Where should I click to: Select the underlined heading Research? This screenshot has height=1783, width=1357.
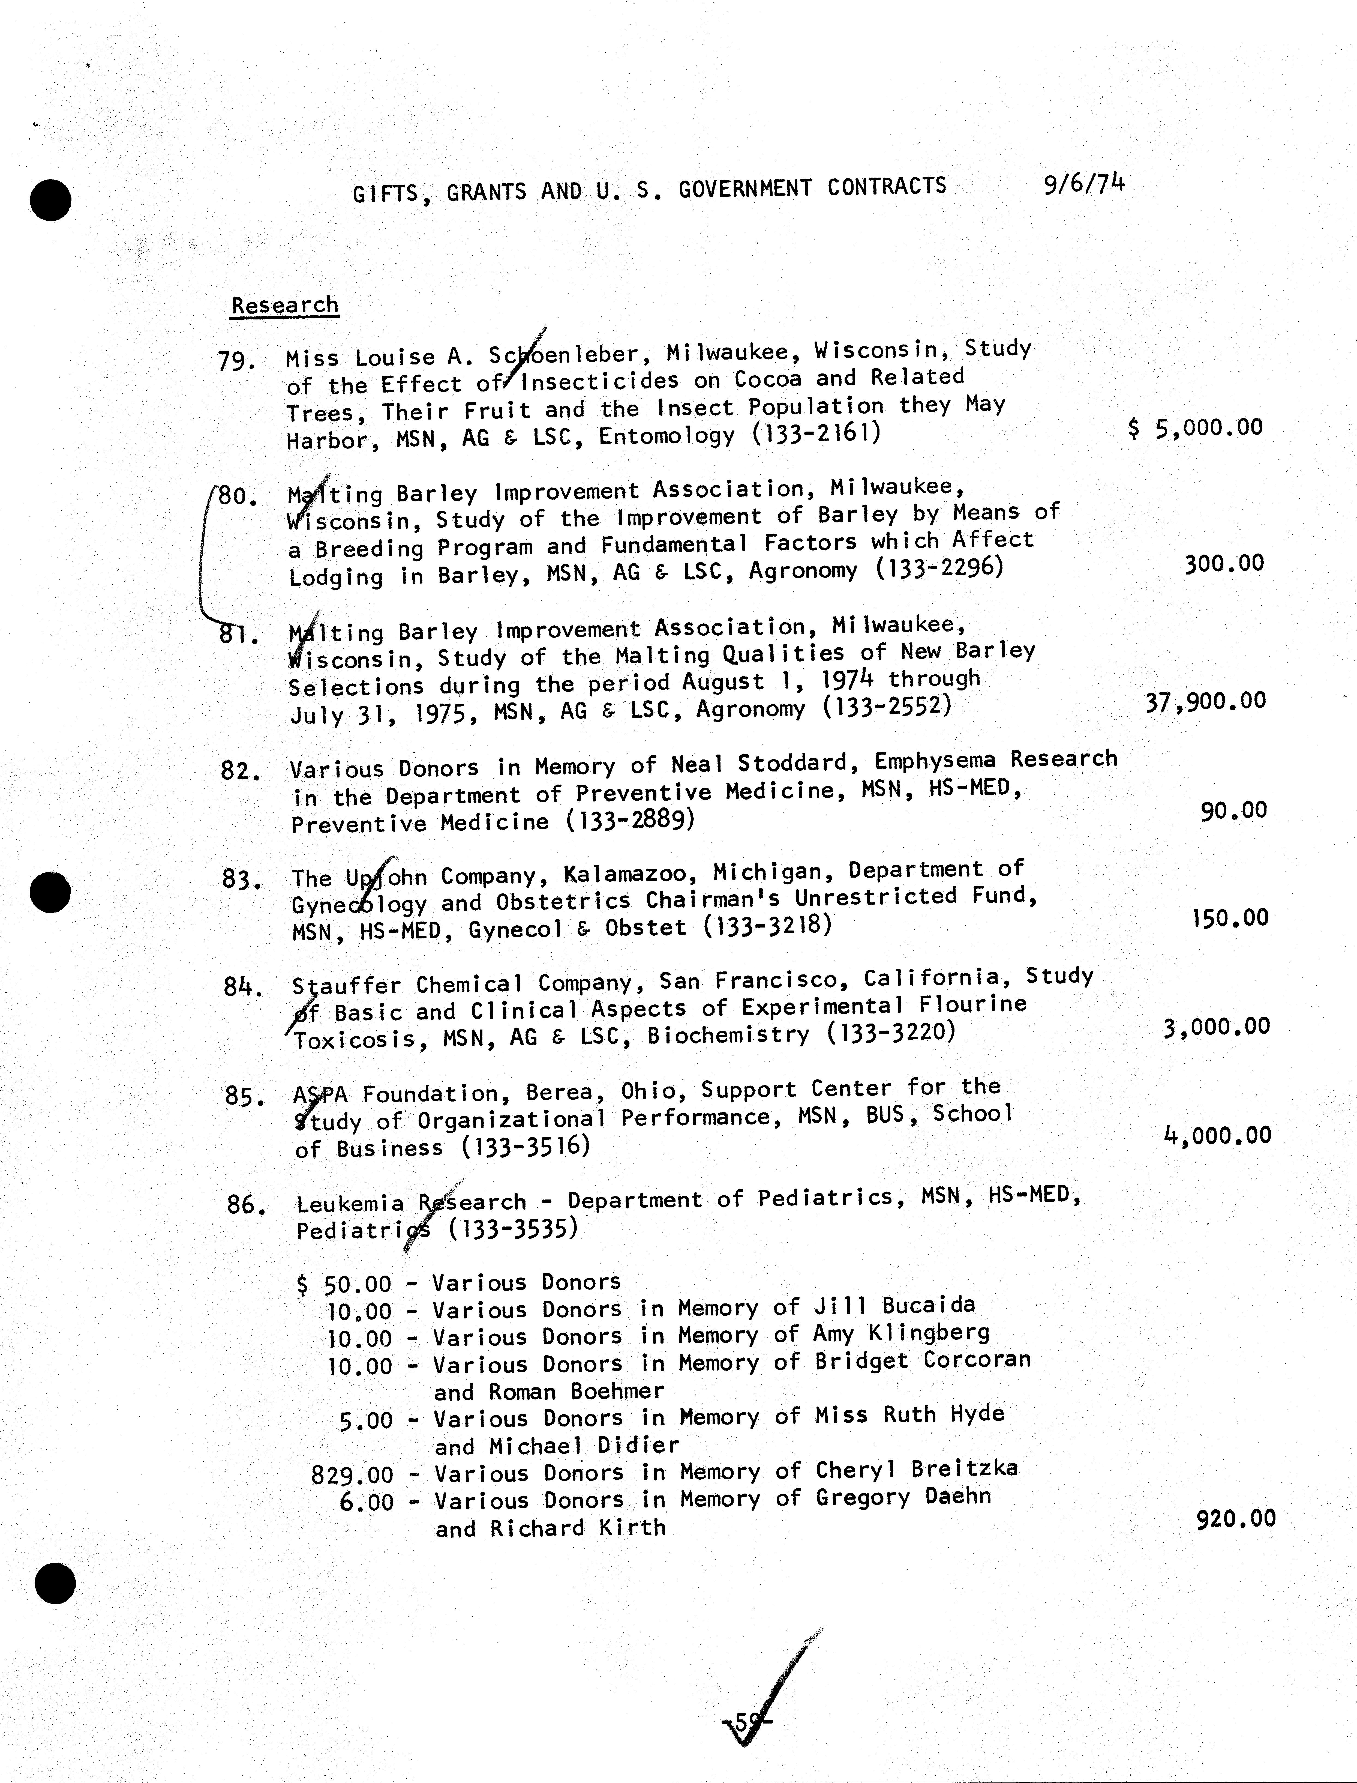pyautogui.click(x=284, y=305)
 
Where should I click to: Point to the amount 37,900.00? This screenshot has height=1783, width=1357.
pyautogui.click(x=1205, y=701)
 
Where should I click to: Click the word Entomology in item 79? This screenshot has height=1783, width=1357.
pyautogui.click(x=667, y=436)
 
